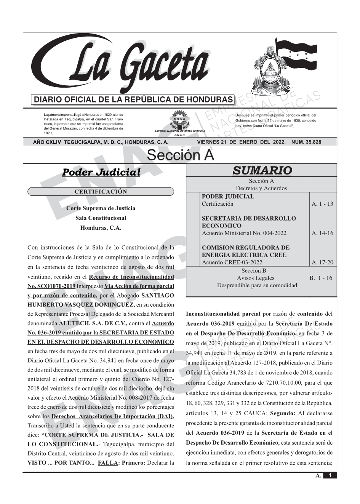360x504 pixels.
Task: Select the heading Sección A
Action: tap(180, 155)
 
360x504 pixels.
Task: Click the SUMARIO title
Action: tap(262, 171)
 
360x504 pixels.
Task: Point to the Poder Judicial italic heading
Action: tap(101, 172)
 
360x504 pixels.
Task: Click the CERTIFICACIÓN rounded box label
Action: tap(101, 192)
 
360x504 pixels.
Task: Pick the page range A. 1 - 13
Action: tap(322, 204)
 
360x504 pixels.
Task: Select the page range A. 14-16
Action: tap(322, 233)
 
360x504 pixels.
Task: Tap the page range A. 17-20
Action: tap(322, 262)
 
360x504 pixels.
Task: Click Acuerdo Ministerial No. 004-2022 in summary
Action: tap(244, 233)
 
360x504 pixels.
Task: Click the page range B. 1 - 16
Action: tap(321, 278)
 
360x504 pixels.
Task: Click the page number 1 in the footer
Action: tap(330, 475)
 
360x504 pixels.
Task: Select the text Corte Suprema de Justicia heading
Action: tap(101, 208)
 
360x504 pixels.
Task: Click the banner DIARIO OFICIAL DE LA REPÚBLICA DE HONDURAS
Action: tap(133, 100)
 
